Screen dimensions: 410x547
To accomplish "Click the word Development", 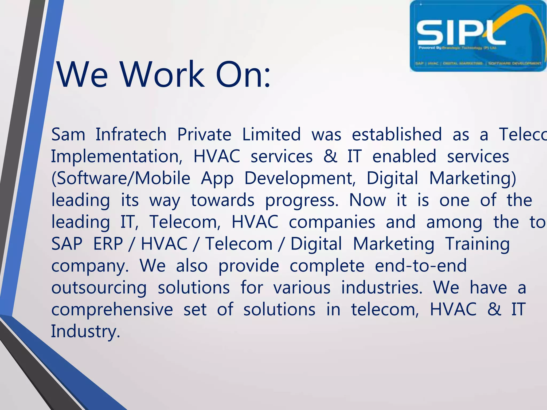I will point(300,178).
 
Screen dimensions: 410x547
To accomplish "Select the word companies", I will point(332,222).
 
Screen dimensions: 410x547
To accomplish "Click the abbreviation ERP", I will point(108,244).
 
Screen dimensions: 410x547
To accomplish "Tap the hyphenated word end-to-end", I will point(421,266).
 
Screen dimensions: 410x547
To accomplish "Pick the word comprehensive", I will point(112,310).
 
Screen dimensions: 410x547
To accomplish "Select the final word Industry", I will point(85,332).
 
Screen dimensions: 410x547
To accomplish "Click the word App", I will point(217,179).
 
